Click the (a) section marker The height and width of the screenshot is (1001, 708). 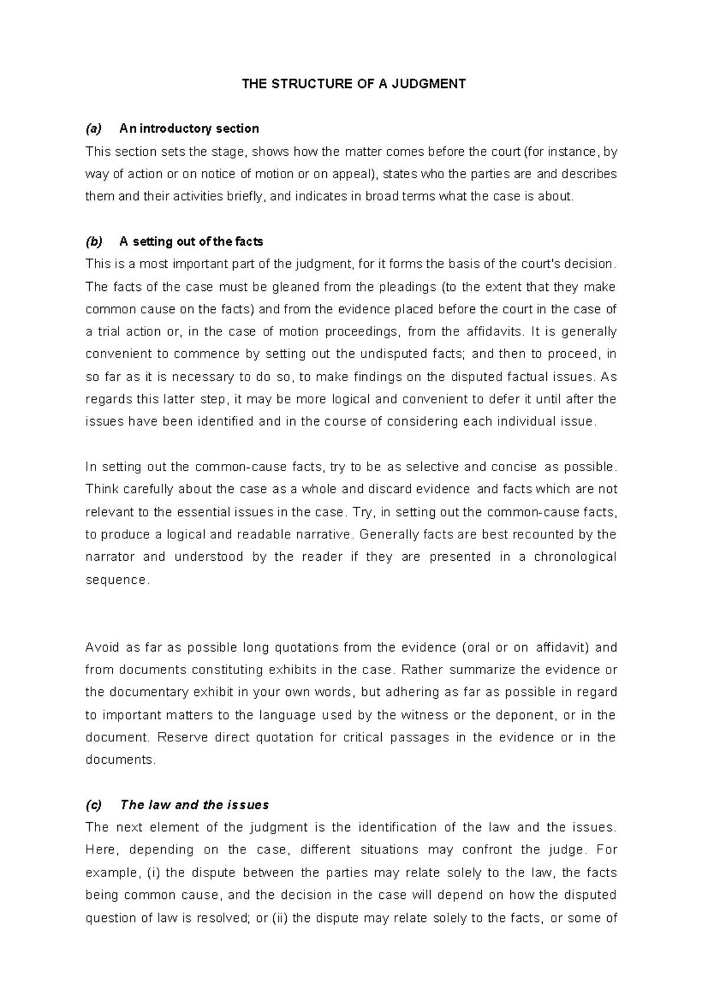(94, 129)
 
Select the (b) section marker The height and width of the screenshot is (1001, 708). (94, 241)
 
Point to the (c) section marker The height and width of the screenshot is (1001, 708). (94, 805)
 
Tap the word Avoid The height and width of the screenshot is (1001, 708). (101, 647)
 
